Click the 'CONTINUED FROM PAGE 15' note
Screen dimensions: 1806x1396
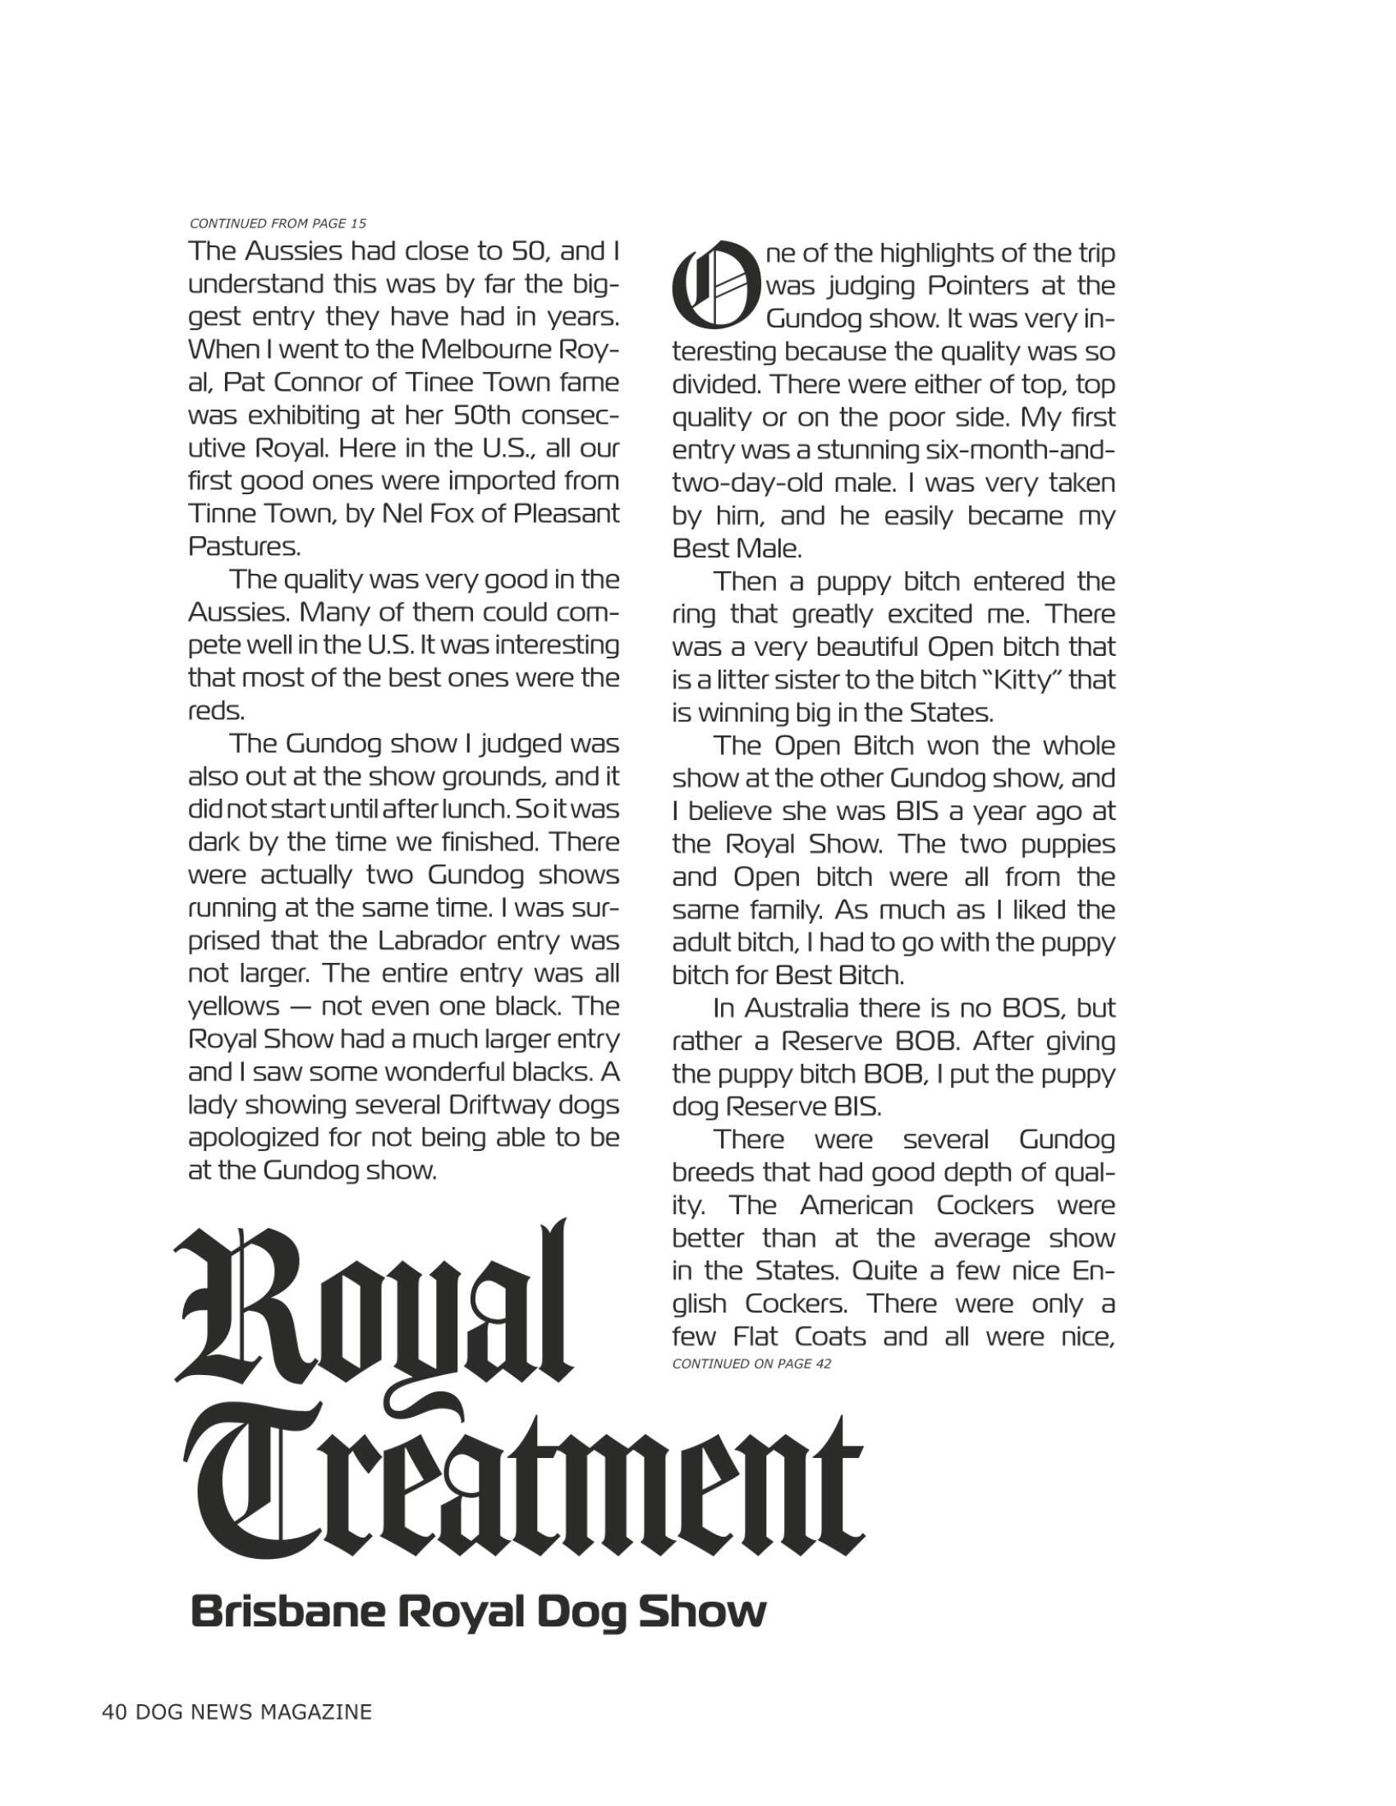278,223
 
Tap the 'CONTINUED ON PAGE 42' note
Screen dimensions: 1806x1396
751,1364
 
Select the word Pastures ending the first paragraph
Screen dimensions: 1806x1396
243,547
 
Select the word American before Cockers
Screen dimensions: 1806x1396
855,1206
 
